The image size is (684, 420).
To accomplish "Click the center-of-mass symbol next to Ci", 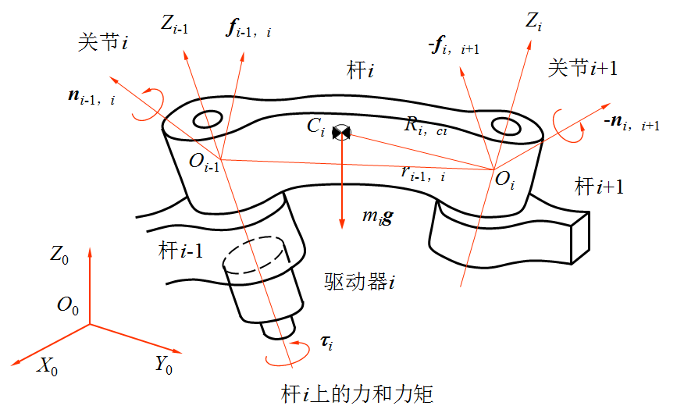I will pos(342,132).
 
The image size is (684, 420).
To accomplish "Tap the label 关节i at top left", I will pos(102,42).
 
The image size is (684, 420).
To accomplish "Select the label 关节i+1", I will pos(582,69).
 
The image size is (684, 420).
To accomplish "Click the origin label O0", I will pos(68,306).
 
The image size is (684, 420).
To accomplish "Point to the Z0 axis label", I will pos(60,254).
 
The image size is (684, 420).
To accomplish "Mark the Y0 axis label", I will pos(164,364).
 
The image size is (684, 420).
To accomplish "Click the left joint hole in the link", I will pos(208,119).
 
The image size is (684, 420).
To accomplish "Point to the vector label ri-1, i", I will pos(423,173).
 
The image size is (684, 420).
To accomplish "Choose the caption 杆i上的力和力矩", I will pos(356,393).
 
